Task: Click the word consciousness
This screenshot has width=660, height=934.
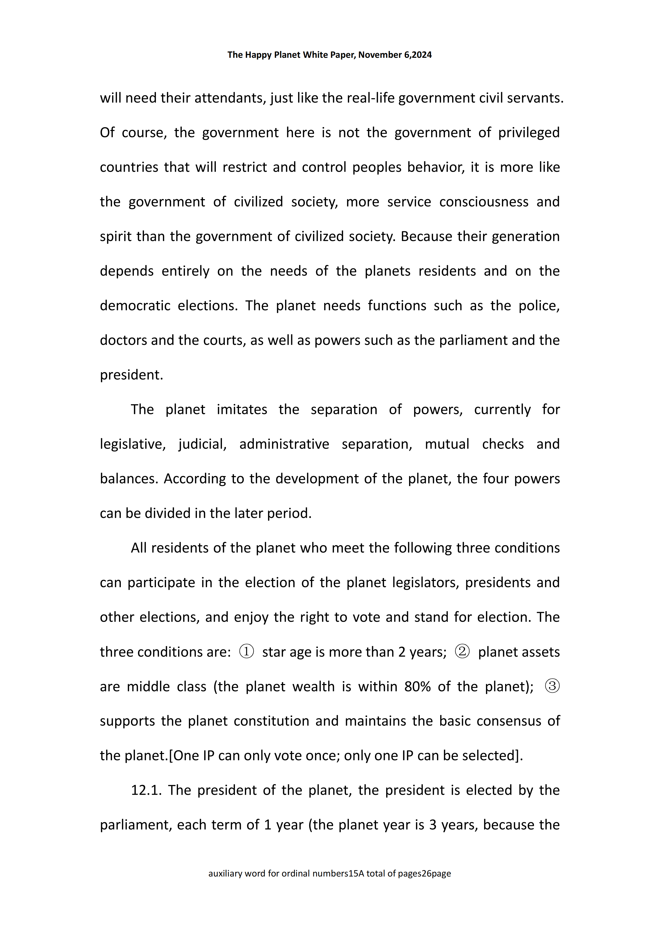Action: (484, 202)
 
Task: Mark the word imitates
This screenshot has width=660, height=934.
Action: (242, 410)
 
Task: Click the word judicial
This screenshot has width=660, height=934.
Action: (202, 444)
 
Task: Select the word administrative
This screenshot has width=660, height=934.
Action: (284, 444)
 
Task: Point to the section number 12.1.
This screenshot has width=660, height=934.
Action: (146, 790)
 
